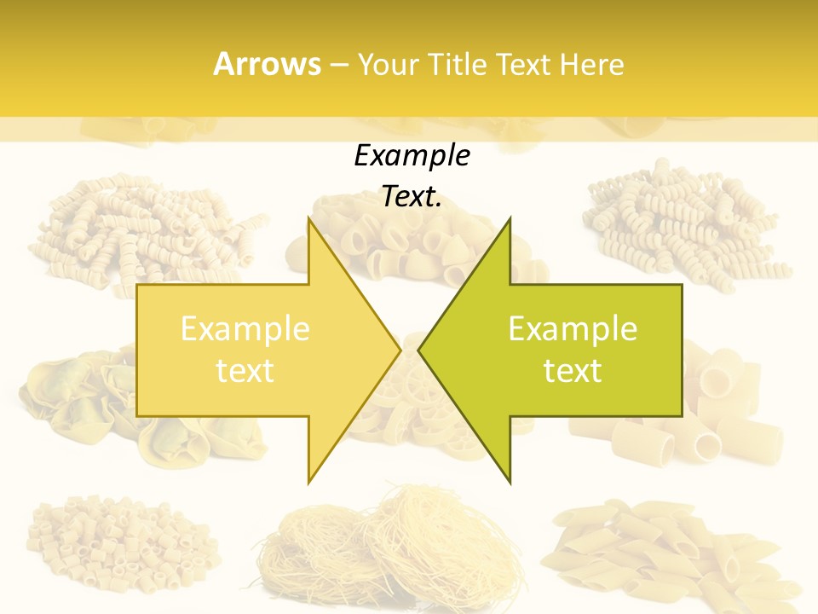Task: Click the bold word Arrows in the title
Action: point(267,64)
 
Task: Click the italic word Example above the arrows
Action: point(412,156)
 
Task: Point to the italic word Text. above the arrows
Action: point(412,197)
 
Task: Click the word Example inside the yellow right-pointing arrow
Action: point(245,329)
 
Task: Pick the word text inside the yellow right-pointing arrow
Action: point(245,371)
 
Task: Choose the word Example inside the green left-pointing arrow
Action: point(573,329)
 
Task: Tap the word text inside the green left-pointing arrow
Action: point(573,371)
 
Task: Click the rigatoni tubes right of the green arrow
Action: point(724,409)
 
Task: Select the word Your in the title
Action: point(389,64)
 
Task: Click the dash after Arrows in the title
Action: point(337,65)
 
